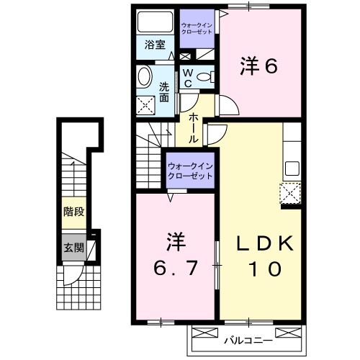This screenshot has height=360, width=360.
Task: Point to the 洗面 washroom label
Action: click(165, 92)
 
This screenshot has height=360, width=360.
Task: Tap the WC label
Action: click(186, 77)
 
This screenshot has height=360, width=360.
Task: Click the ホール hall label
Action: click(195, 126)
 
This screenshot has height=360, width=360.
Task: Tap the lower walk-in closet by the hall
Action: click(190, 171)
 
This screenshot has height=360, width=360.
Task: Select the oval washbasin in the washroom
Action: click(143, 77)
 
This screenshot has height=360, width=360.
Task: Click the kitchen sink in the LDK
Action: click(292, 168)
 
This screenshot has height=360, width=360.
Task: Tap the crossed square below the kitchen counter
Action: click(290, 194)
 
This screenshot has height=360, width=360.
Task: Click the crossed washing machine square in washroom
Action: click(148, 105)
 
